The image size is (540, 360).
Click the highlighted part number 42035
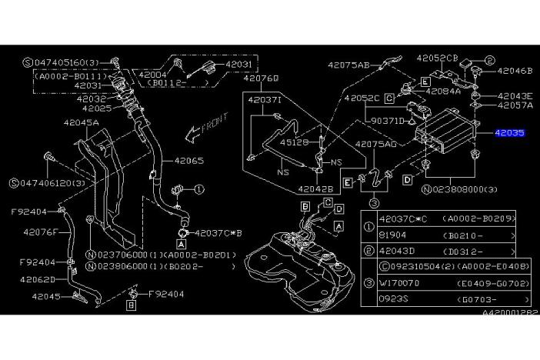tap(508, 132)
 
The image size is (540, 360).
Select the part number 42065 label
tap(188, 162)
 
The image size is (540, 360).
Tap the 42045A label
tap(81, 122)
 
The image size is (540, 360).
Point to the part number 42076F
tap(41, 231)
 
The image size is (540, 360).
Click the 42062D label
tap(37, 279)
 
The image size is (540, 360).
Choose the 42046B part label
tap(515, 70)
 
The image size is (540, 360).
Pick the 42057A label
tap(515, 105)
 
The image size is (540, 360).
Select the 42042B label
tap(315, 188)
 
